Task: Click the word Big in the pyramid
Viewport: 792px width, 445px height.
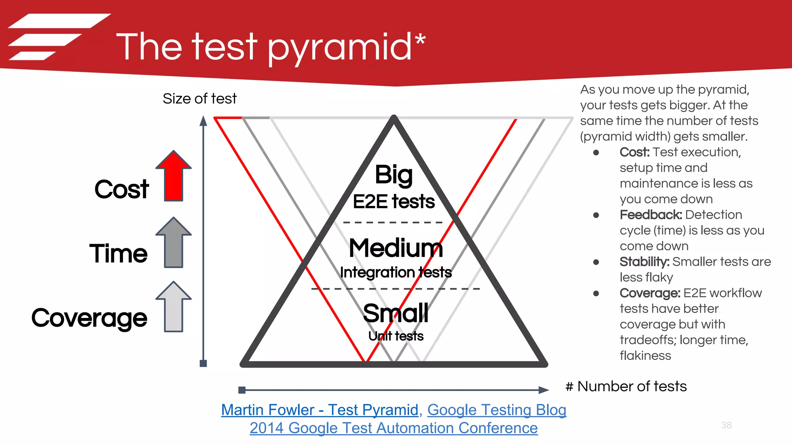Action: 394,175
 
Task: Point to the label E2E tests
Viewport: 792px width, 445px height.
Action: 394,202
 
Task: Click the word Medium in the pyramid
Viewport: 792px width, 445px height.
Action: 396,248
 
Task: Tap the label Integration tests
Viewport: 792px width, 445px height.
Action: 396,272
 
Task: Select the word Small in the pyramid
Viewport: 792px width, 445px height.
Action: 396,313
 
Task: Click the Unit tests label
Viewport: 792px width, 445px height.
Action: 396,336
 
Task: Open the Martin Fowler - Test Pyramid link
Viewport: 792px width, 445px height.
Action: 319,410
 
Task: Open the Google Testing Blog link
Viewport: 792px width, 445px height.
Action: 497,410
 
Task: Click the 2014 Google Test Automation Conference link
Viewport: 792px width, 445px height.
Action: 394,428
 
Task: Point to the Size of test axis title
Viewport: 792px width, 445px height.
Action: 200,99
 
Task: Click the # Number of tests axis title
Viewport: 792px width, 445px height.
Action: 626,386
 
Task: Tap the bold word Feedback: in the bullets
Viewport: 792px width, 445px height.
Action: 650,215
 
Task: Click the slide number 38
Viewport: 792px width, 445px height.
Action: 726,425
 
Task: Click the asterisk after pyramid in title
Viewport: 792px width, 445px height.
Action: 420,41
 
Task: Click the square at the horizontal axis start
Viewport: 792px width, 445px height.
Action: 242,390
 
